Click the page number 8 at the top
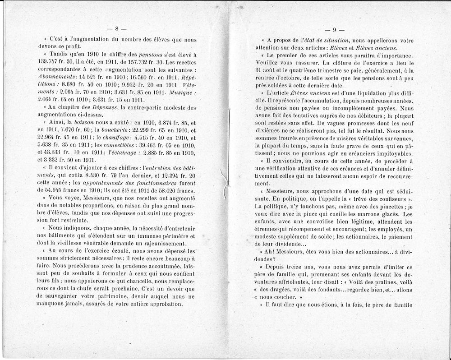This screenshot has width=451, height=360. pos(116,30)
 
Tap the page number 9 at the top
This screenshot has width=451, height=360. pos(335,30)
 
